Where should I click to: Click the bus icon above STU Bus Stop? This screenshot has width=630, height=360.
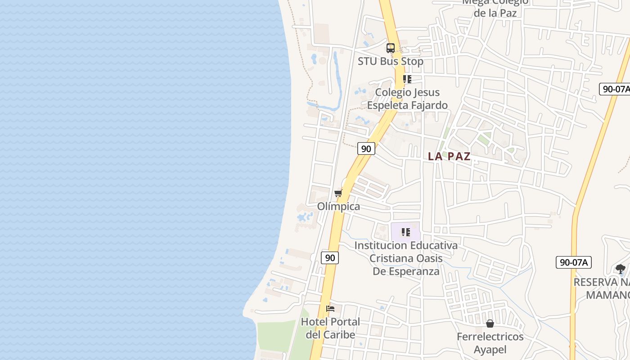(391, 48)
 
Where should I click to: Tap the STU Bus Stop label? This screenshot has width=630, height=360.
(390, 61)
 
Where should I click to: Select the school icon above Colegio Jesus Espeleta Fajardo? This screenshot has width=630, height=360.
(407, 79)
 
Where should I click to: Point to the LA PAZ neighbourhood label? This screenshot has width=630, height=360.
(449, 157)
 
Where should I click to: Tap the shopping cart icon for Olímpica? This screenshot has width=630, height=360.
(338, 193)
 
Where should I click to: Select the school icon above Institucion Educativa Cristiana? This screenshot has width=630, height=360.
(406, 232)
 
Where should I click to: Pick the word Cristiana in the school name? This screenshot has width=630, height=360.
(391, 258)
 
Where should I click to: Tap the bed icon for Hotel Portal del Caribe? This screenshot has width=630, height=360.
(330, 309)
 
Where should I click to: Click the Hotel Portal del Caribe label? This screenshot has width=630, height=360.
(330, 328)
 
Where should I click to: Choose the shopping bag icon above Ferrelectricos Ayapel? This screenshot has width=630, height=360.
(490, 324)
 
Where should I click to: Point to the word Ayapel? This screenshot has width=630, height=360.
(490, 350)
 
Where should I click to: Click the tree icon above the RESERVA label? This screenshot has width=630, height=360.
(621, 269)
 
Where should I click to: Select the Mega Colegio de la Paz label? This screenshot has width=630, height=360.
(495, 7)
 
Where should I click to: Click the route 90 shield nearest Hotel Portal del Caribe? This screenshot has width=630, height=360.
(330, 258)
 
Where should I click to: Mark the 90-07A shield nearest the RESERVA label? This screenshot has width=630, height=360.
(573, 262)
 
